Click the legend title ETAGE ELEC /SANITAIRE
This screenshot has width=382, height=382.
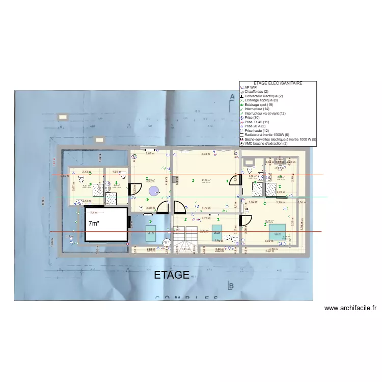click(x=278, y=83)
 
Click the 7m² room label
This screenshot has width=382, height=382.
click(x=94, y=224)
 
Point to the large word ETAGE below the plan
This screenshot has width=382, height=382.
click(x=172, y=276)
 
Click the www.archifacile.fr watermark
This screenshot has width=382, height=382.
click(x=350, y=308)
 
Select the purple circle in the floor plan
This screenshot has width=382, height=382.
click(x=153, y=192)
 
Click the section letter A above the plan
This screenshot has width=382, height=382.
click(x=232, y=96)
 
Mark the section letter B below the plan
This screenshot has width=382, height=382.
click(x=231, y=286)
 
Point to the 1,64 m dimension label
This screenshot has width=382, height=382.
click(x=116, y=172)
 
